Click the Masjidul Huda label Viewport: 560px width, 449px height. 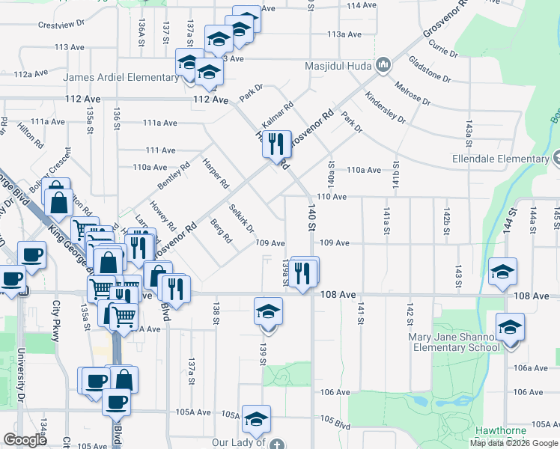(338, 65)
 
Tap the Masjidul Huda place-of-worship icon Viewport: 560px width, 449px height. (383, 65)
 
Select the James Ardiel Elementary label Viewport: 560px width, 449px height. (121, 77)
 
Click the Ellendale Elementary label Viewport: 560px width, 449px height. (500, 159)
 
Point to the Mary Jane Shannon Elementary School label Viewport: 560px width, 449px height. (454, 342)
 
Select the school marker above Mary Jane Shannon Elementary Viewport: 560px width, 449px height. (511, 327)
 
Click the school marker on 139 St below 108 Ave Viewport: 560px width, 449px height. (268, 312)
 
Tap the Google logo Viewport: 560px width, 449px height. (25, 440)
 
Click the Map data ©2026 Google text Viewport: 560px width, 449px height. (514, 443)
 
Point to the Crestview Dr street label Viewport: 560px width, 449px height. (61, 25)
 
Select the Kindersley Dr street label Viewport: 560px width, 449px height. (385, 109)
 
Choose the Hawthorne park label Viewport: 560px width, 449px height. (501, 431)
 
